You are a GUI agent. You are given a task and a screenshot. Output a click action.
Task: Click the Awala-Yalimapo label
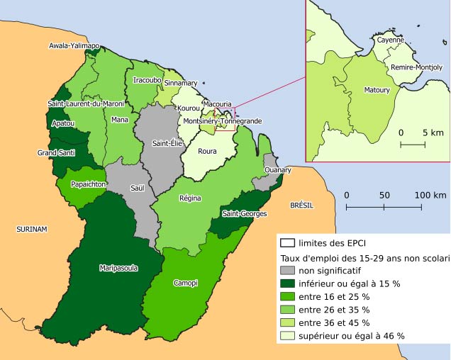[x=74, y=46]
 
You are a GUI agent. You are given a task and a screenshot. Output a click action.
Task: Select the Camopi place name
[x=185, y=283]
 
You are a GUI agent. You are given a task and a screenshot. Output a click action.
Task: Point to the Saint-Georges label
[x=244, y=213]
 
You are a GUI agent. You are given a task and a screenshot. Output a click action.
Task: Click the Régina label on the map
[x=190, y=198]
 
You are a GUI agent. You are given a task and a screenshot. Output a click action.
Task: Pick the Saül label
[x=138, y=188]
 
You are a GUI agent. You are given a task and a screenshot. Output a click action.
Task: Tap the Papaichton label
[x=88, y=184]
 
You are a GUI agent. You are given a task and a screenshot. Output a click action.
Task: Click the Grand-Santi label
[x=57, y=153]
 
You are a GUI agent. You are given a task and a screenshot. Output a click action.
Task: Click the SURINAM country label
[x=32, y=230]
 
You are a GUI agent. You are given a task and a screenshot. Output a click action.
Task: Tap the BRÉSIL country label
[x=301, y=205]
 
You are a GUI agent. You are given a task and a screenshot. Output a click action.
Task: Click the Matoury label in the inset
[x=376, y=91]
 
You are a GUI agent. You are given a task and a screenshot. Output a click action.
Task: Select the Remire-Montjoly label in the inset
[x=416, y=67]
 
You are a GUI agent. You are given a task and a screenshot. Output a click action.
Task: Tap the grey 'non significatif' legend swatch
[x=288, y=271]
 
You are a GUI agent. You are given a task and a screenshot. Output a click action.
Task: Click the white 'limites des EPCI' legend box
[x=288, y=243]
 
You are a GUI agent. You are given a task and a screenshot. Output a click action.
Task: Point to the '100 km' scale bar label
[x=430, y=195]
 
